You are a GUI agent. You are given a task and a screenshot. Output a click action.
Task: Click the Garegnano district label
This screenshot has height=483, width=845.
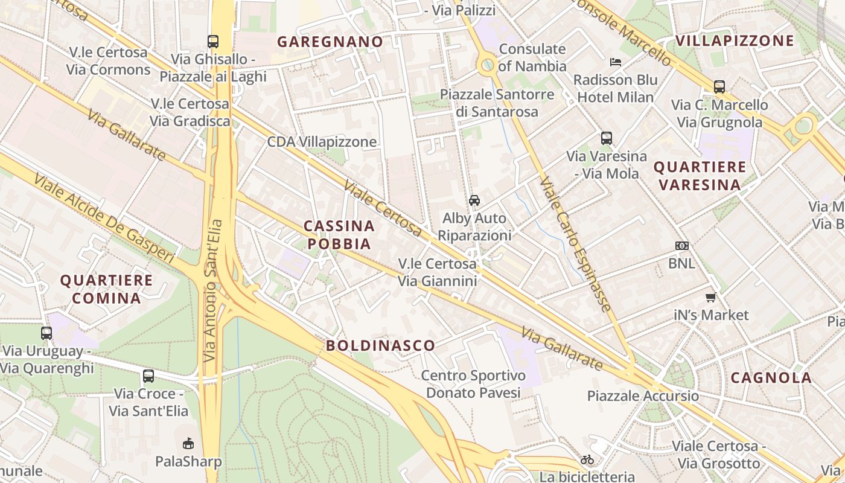coord(330,42)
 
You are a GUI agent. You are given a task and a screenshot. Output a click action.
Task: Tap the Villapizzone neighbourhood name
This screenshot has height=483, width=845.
coord(735,40)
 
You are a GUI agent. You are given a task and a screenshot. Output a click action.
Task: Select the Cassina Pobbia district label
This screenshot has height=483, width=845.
coord(339,235)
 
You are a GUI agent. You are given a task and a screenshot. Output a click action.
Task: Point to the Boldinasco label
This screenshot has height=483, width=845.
coord(380,345)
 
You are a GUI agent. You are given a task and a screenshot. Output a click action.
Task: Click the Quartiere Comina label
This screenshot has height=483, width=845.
coord(106,289)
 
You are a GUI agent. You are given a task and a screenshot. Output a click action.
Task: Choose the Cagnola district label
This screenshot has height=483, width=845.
coord(771,378)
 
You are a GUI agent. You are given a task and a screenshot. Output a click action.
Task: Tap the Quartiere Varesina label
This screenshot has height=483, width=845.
coord(700,176)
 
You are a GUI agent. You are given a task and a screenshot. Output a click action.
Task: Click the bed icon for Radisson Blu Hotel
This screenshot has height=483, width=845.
coord(616,62)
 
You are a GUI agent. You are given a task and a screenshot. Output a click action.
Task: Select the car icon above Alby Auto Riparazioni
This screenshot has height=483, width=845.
coord(474,200)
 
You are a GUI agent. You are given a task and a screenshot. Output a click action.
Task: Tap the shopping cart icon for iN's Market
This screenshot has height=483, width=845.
coord(711,297)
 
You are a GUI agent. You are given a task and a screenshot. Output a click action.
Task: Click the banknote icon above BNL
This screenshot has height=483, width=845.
coord(681,246)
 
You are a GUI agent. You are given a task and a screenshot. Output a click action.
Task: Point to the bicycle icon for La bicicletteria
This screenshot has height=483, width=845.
coord(587,459)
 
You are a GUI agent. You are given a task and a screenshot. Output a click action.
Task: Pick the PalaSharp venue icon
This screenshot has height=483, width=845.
coord(188,444)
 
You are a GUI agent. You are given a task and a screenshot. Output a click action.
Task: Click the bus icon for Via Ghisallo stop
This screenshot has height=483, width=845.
coord(213,41)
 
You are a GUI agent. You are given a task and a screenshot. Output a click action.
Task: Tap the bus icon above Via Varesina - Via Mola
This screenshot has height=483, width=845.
coord(606,138)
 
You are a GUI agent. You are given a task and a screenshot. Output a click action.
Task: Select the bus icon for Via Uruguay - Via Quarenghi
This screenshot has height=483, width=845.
coord(46,333)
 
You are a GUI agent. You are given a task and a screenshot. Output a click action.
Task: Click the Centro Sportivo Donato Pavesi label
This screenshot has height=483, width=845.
coord(473,384)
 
